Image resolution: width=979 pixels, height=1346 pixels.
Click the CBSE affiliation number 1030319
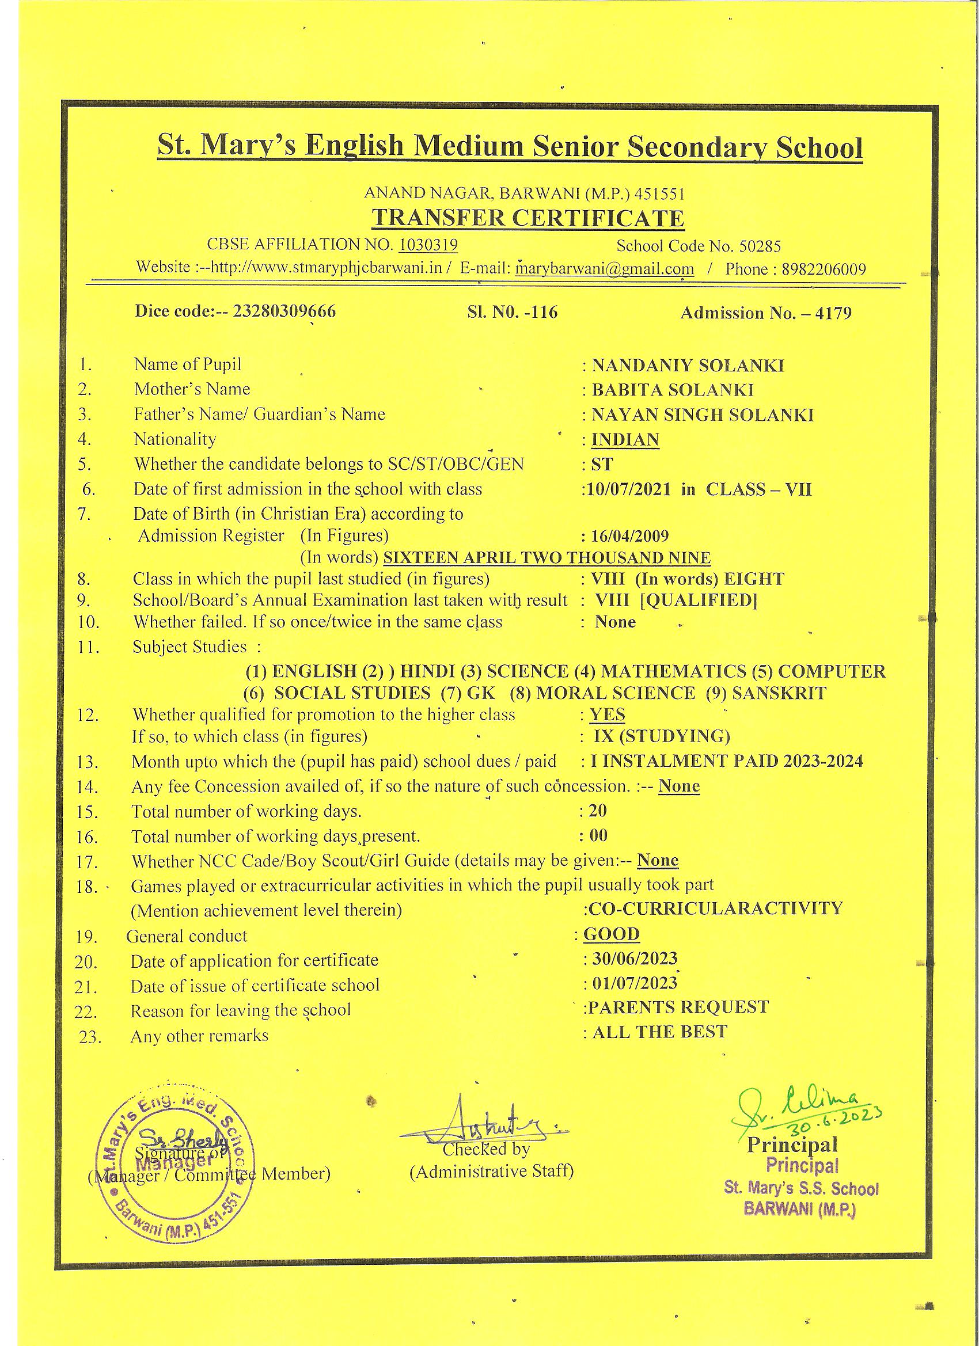(x=428, y=245)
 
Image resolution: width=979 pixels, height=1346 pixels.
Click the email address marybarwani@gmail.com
(x=604, y=269)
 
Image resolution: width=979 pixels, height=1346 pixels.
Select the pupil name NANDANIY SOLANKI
(x=688, y=365)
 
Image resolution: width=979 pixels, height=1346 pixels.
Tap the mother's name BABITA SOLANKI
(x=673, y=390)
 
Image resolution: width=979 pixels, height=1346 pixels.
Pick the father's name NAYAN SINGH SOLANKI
(x=703, y=415)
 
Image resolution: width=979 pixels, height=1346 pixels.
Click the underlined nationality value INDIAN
(x=625, y=440)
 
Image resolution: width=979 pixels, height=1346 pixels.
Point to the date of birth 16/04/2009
(x=630, y=537)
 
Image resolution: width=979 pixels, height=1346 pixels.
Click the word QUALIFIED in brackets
(x=699, y=600)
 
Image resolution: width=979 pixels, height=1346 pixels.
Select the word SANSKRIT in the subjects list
(x=779, y=693)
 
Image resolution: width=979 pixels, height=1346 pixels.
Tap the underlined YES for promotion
(x=608, y=714)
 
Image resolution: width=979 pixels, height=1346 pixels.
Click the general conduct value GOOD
(x=612, y=934)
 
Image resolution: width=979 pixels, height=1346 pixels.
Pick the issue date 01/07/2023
(x=635, y=983)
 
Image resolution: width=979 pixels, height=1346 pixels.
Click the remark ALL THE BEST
(x=659, y=1032)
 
